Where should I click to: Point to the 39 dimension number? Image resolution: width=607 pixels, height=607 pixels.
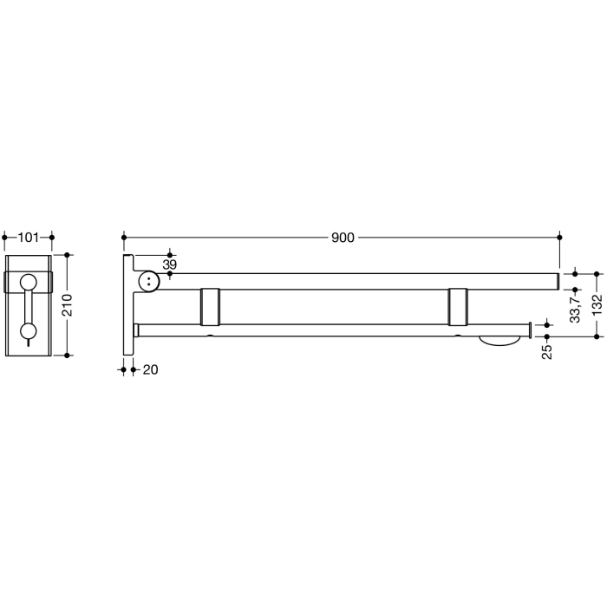[170, 264]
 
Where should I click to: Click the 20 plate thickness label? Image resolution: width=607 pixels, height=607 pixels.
[150, 369]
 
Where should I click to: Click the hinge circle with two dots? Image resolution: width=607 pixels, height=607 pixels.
[150, 281]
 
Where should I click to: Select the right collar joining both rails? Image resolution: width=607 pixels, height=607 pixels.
[460, 306]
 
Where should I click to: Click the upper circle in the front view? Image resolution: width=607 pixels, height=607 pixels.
[29, 281]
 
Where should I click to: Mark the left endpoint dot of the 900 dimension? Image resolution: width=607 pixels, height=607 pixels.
[124, 236]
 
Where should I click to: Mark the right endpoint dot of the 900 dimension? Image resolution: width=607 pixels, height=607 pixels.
[560, 236]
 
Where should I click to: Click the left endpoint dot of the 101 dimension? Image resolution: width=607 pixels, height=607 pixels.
[5, 236]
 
